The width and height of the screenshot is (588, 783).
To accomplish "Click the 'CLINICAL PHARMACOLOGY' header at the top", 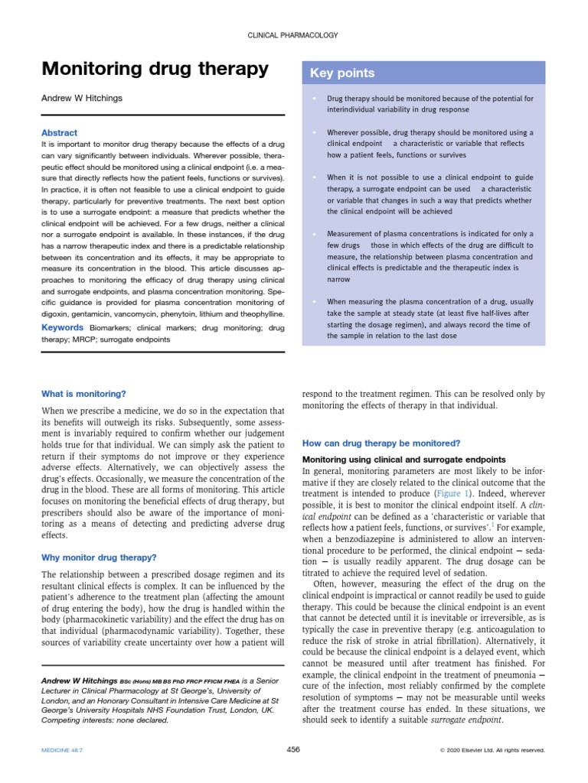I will (294, 35).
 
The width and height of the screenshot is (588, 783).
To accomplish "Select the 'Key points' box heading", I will (341, 73).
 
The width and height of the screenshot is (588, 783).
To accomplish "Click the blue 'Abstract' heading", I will (59, 132).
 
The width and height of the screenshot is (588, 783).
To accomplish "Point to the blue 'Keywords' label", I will (63, 327).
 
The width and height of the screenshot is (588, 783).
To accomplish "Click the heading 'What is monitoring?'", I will (83, 394).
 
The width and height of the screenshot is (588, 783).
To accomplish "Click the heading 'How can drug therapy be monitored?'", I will (381, 443).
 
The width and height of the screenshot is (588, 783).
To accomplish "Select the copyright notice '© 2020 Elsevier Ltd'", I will (492, 751).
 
